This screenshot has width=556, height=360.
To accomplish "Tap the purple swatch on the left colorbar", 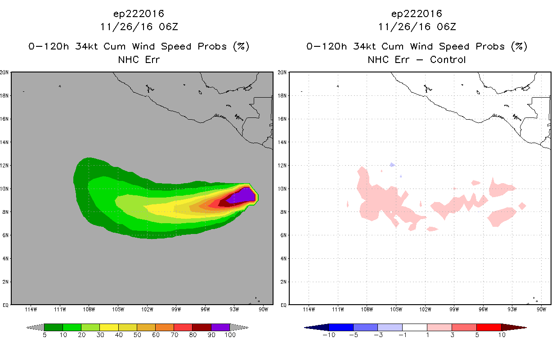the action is pyautogui.click(x=220, y=327).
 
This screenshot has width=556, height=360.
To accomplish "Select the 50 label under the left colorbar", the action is pyautogui.click(x=137, y=335).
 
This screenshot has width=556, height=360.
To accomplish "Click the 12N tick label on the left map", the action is pyautogui.click(x=4, y=165).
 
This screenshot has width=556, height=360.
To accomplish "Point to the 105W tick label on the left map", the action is pyautogui.click(x=118, y=310).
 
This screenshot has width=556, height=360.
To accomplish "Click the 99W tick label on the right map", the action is pyautogui.click(x=454, y=310).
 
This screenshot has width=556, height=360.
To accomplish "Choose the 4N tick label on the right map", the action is pyautogui.click(x=283, y=258).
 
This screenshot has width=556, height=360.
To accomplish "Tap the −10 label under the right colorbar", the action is pyautogui.click(x=329, y=335).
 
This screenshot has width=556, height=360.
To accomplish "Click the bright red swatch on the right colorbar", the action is pyautogui.click(x=489, y=327).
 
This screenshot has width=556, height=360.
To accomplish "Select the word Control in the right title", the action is pyautogui.click(x=448, y=60).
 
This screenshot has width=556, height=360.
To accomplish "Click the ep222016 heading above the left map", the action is pyautogui.click(x=139, y=14).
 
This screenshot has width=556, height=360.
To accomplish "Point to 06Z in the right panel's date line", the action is pyautogui.click(x=446, y=27).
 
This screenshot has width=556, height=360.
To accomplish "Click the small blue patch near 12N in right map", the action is pyautogui.click(x=392, y=165).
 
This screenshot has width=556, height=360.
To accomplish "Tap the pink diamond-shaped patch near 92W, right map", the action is pyautogui.click(x=522, y=206).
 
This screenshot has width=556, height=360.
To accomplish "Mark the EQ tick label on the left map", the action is pyautogui.click(x=5, y=305).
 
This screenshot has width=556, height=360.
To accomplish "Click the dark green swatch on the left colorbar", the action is pyautogui.click(x=54, y=327).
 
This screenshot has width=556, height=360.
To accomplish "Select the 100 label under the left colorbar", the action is pyautogui.click(x=230, y=335).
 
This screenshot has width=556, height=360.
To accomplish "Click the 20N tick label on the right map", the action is pyautogui.click(x=282, y=72).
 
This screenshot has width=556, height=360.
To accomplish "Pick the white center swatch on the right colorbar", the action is pyautogui.click(x=414, y=327).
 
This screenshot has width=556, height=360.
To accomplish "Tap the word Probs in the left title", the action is pyautogui.click(x=212, y=46).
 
